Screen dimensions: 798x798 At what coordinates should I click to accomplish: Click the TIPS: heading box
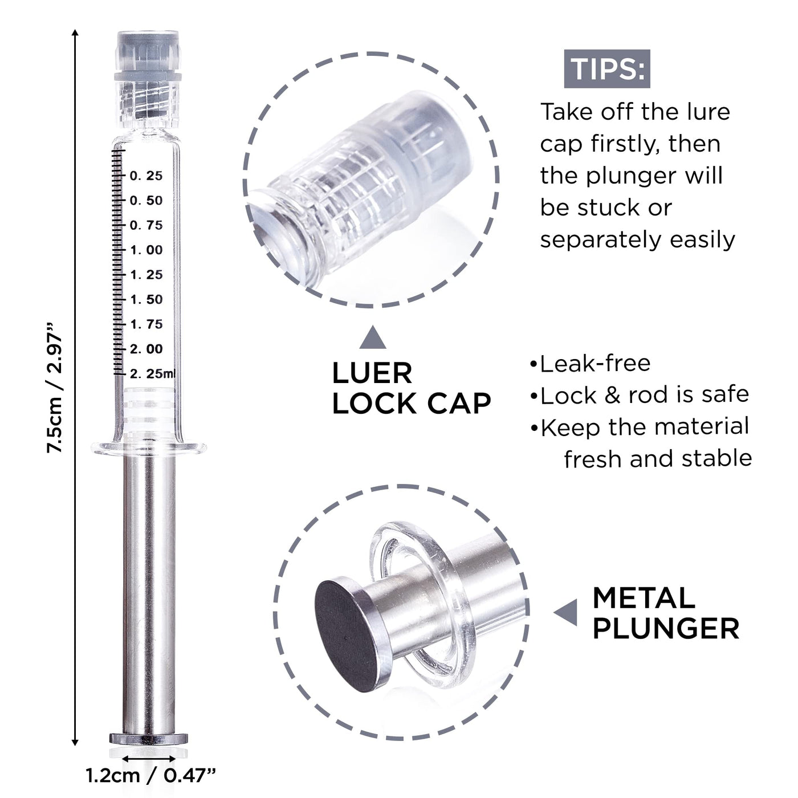click(x=606, y=69)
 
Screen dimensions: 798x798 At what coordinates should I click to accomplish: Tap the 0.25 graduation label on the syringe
click(x=146, y=176)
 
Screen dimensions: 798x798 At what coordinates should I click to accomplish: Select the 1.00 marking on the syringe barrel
click(x=146, y=250)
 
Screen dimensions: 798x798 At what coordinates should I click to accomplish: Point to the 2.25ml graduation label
click(x=153, y=374)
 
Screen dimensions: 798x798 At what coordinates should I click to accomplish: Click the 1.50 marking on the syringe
click(x=146, y=299)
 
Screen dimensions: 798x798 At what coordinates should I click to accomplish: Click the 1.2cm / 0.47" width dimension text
click(x=151, y=776)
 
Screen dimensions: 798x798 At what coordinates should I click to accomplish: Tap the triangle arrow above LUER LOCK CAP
click(x=373, y=337)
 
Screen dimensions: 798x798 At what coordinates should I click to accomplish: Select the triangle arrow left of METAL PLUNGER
click(x=565, y=613)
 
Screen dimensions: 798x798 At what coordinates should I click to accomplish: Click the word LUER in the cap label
click(x=372, y=373)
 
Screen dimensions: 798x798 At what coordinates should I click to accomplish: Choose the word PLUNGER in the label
click(x=666, y=629)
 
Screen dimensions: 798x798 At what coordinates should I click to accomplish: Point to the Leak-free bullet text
click(x=591, y=364)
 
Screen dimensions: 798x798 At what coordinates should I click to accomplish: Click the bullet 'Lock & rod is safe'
click(x=640, y=395)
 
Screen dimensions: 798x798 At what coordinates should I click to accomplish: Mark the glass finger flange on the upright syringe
click(x=149, y=447)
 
